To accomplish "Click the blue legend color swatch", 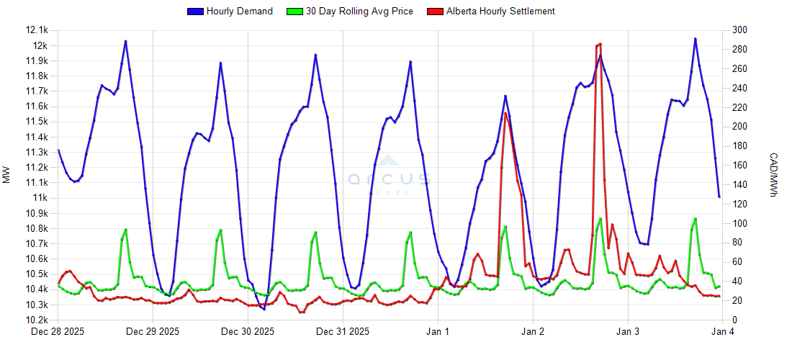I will tap(195, 12).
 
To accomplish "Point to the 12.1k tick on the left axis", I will tap(37, 30).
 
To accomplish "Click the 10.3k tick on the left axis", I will tap(37, 305).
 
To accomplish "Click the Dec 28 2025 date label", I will tap(58, 332).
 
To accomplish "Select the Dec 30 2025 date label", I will tap(248, 332).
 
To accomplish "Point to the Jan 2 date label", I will tap(533, 332).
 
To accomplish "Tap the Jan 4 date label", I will tap(723, 332).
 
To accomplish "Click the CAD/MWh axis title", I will tap(774, 175).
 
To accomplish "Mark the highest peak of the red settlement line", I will tap(600, 44).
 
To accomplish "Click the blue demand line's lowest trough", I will tap(264, 309).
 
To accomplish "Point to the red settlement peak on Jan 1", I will tap(505, 113).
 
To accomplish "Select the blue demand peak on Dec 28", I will tap(125, 41).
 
